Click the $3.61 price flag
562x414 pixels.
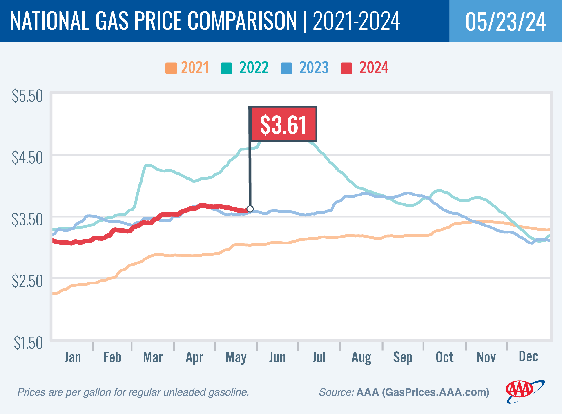[283, 124]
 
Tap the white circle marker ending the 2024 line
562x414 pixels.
[250, 209]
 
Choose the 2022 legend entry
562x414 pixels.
[245, 68]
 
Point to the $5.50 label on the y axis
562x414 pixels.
[27, 96]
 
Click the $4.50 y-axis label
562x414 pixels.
[27, 158]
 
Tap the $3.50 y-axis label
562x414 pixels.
[27, 220]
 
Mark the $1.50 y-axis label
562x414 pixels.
[28, 343]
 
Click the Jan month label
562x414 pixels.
[73, 357]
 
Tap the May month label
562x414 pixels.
[236, 357]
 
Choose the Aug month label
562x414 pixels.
[361, 357]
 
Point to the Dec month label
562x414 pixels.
[528, 356]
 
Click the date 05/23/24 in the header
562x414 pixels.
[506, 22]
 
